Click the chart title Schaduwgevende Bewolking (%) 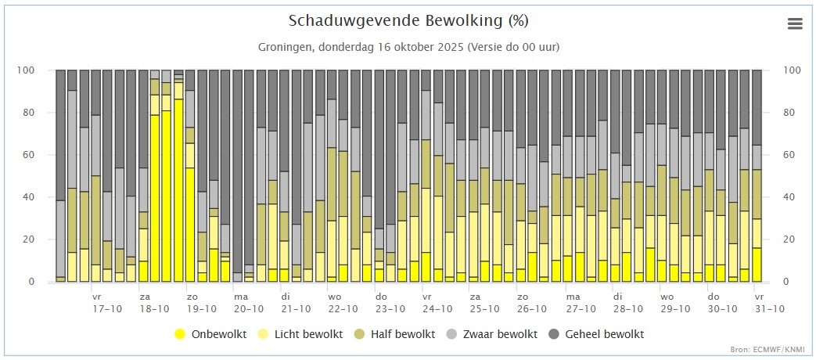coord(408,21)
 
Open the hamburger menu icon coord(795,24)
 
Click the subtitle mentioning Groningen coord(408,47)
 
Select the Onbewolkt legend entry coord(210,334)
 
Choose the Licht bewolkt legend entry coord(301,334)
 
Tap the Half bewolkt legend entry coord(394,334)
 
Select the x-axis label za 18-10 coord(154,303)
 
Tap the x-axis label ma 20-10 coord(248,303)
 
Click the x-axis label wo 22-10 coord(343,303)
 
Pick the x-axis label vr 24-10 coord(437,303)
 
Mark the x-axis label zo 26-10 coord(531,303)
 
